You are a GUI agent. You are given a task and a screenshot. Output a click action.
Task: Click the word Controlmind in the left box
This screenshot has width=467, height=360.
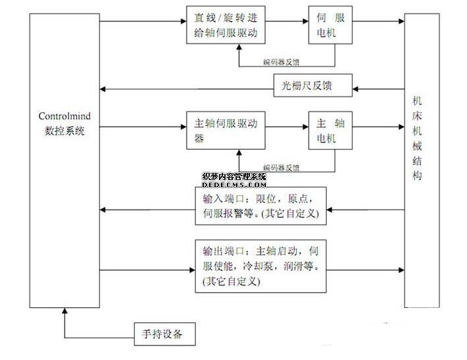(x=64, y=117)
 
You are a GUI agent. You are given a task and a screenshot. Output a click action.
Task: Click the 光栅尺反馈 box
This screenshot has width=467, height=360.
(x=313, y=84)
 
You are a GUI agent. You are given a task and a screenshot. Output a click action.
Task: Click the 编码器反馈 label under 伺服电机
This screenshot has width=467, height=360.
(x=281, y=63)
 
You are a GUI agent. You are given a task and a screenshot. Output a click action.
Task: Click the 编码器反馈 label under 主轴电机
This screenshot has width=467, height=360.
(x=281, y=167)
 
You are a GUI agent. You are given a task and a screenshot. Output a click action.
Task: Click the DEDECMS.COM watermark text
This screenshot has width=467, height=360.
(x=234, y=185)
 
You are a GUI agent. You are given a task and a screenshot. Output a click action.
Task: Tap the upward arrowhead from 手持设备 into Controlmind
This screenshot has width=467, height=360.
(x=64, y=313)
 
